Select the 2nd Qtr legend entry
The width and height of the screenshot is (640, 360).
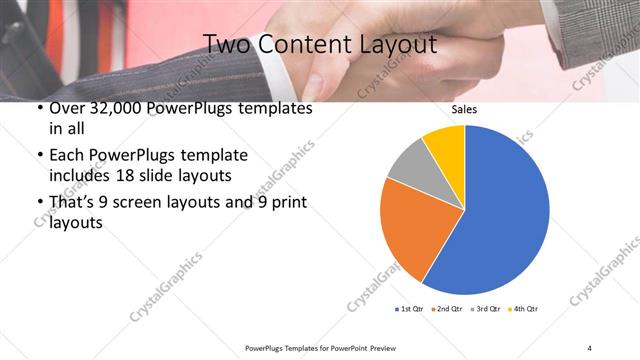[448, 308]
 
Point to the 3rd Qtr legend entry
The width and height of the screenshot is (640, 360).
[486, 308]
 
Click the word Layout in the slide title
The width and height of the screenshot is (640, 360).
[398, 44]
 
